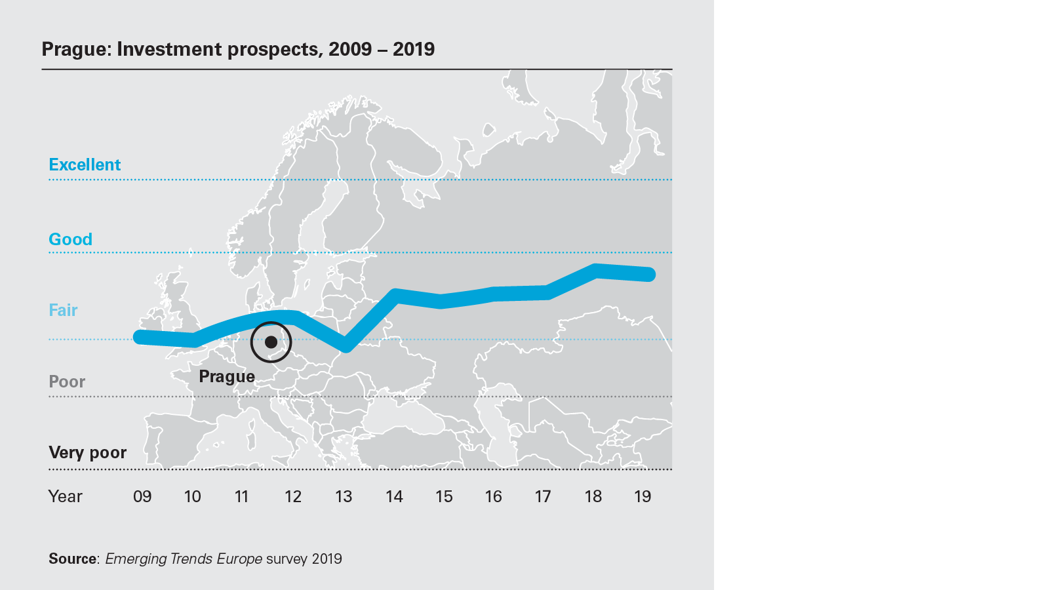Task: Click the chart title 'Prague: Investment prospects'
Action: [x=238, y=49]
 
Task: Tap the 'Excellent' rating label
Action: [x=85, y=165]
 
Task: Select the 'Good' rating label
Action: [x=70, y=239]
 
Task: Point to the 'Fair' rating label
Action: [x=63, y=310]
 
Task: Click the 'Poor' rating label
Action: [x=67, y=382]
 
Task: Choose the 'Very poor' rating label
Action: [x=87, y=452]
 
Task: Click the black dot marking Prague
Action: [x=271, y=342]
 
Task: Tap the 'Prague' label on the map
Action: [x=227, y=376]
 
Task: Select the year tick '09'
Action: [x=142, y=496]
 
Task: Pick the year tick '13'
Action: [x=344, y=496]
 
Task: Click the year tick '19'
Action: [x=643, y=496]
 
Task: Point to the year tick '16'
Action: [x=493, y=496]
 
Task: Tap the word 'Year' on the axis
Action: [x=65, y=496]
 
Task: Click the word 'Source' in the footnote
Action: [x=72, y=559]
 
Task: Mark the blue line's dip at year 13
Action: [x=346, y=345]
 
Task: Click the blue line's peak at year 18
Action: [x=595, y=270]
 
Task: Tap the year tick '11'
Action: [x=241, y=496]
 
